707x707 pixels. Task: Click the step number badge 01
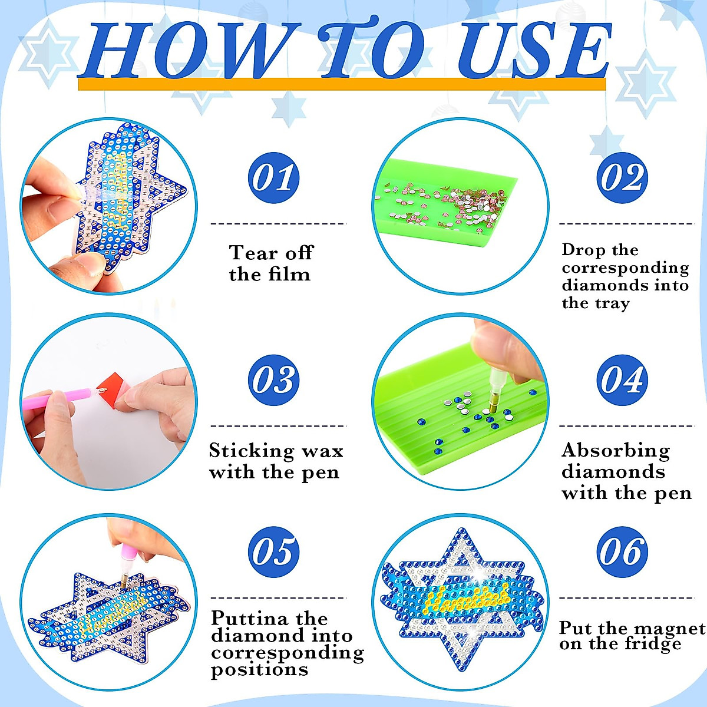[x=274, y=177]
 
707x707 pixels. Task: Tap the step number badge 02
[x=622, y=177]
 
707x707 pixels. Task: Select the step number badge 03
[x=274, y=380]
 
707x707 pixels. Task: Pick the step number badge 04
[x=622, y=380]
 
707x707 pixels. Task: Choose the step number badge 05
[x=274, y=552]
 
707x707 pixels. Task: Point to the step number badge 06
[x=622, y=552]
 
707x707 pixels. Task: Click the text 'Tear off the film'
[x=270, y=263]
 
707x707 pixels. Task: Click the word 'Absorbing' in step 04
[x=616, y=451]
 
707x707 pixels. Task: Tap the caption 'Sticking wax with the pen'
[x=275, y=461]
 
